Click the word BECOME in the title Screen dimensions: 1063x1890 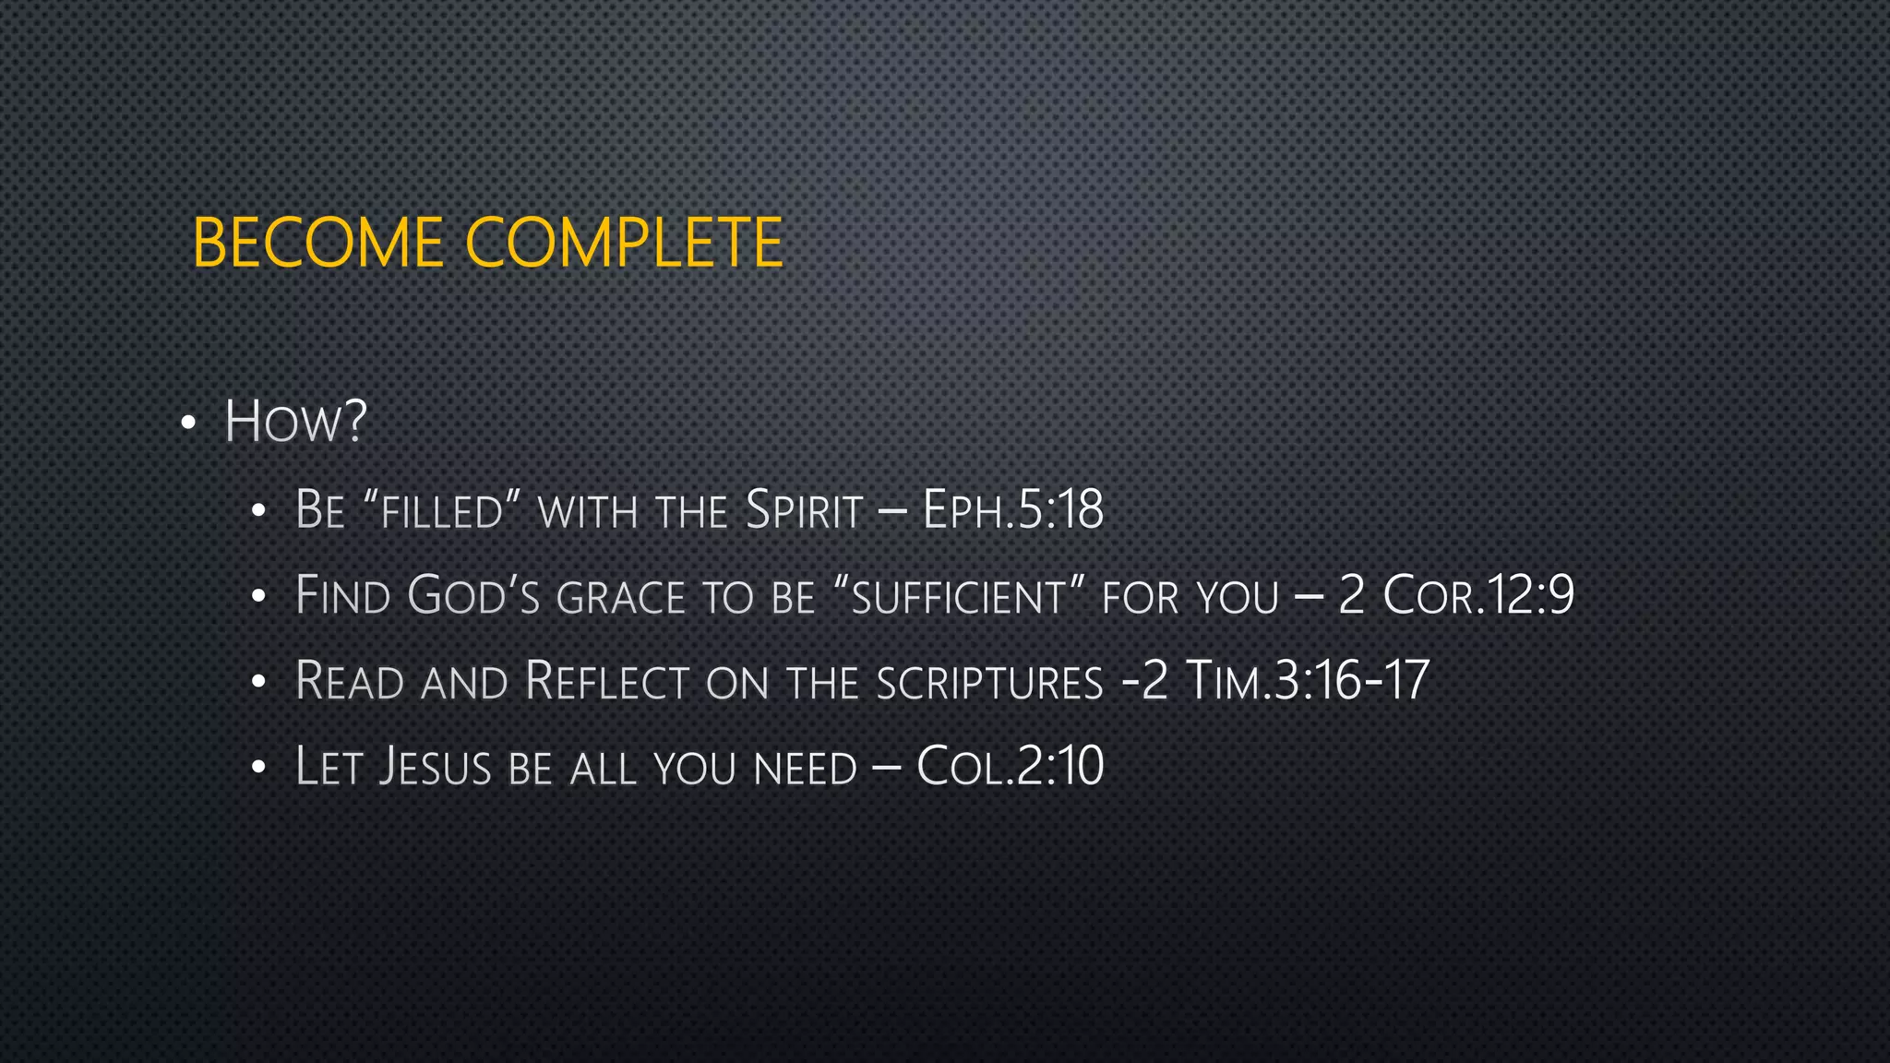click(x=318, y=244)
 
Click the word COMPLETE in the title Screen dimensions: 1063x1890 click(x=624, y=244)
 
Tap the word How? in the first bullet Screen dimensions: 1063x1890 click(x=295, y=423)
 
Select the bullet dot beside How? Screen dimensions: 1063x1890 click(x=189, y=424)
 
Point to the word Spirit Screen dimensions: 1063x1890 click(x=804, y=510)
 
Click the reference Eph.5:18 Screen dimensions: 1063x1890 click(x=1012, y=510)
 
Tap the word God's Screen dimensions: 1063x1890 click(x=473, y=596)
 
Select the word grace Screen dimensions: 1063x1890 click(x=620, y=598)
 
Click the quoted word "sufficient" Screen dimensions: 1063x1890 click(x=958, y=596)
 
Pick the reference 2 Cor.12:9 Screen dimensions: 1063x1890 click(x=1455, y=595)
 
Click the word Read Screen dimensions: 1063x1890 click(x=350, y=682)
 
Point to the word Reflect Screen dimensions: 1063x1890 click(x=606, y=682)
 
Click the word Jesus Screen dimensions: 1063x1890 click(x=436, y=767)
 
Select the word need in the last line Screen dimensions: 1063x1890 click(x=805, y=769)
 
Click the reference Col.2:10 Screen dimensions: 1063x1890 click(x=1010, y=766)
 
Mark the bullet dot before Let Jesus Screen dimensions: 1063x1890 click(x=259, y=767)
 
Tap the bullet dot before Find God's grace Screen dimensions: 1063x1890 click(x=259, y=596)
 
